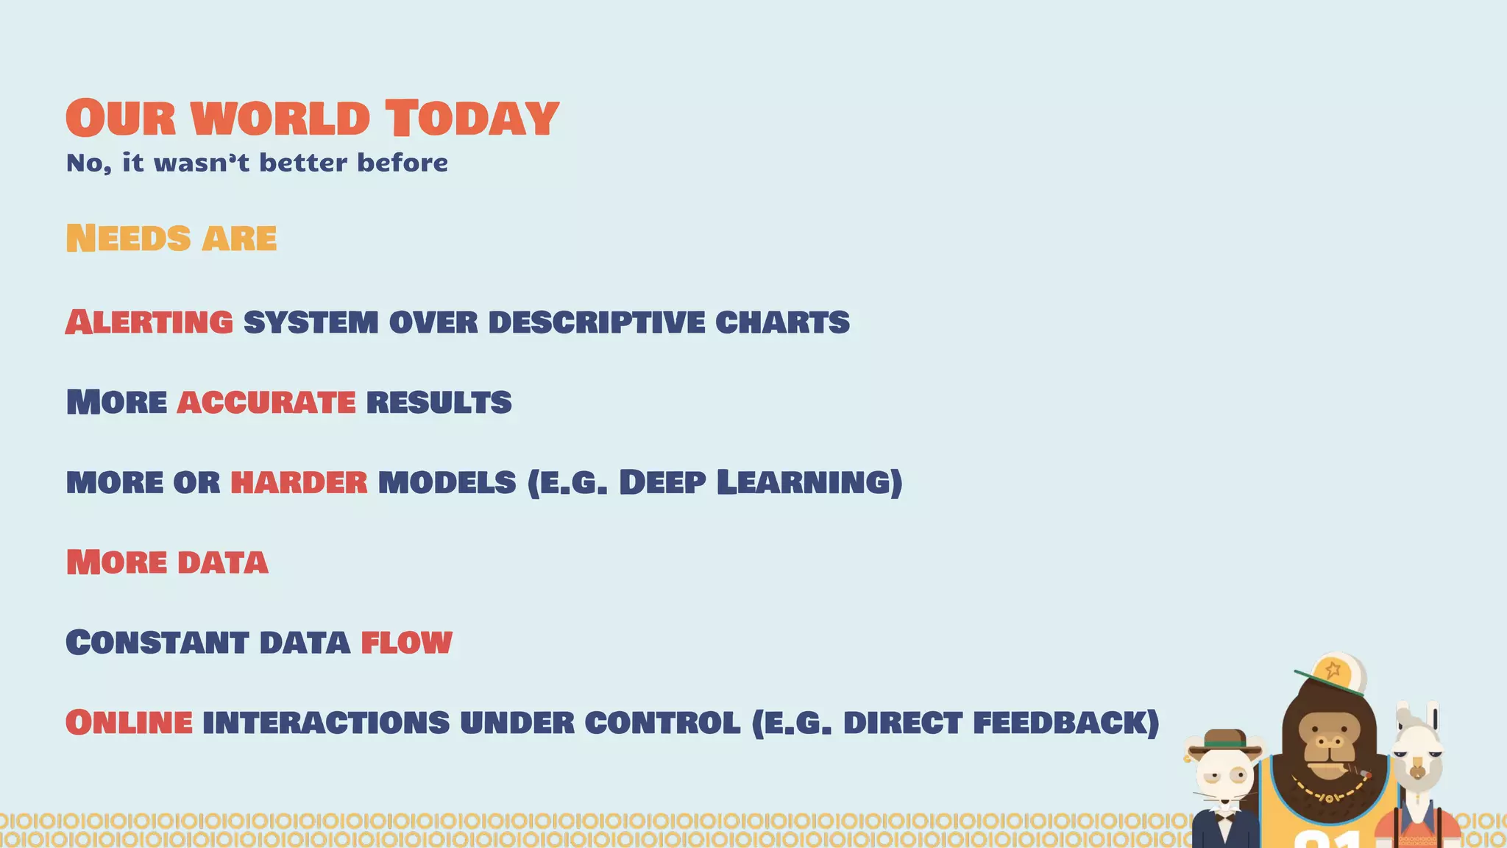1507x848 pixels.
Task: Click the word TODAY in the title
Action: tap(472, 119)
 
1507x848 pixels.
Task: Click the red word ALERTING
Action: tap(149, 322)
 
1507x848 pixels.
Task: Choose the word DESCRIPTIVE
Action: tap(596, 322)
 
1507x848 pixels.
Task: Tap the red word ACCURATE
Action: tap(266, 403)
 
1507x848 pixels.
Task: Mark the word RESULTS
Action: tap(439, 403)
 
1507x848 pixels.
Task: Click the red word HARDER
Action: tap(299, 483)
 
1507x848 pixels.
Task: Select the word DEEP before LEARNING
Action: tap(662, 483)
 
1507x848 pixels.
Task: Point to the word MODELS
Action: tap(447, 483)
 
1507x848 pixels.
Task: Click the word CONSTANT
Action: tap(157, 643)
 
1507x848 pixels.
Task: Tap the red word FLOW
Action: tap(406, 643)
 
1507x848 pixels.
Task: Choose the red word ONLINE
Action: tap(130, 723)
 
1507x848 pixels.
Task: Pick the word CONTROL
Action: tap(662, 723)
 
